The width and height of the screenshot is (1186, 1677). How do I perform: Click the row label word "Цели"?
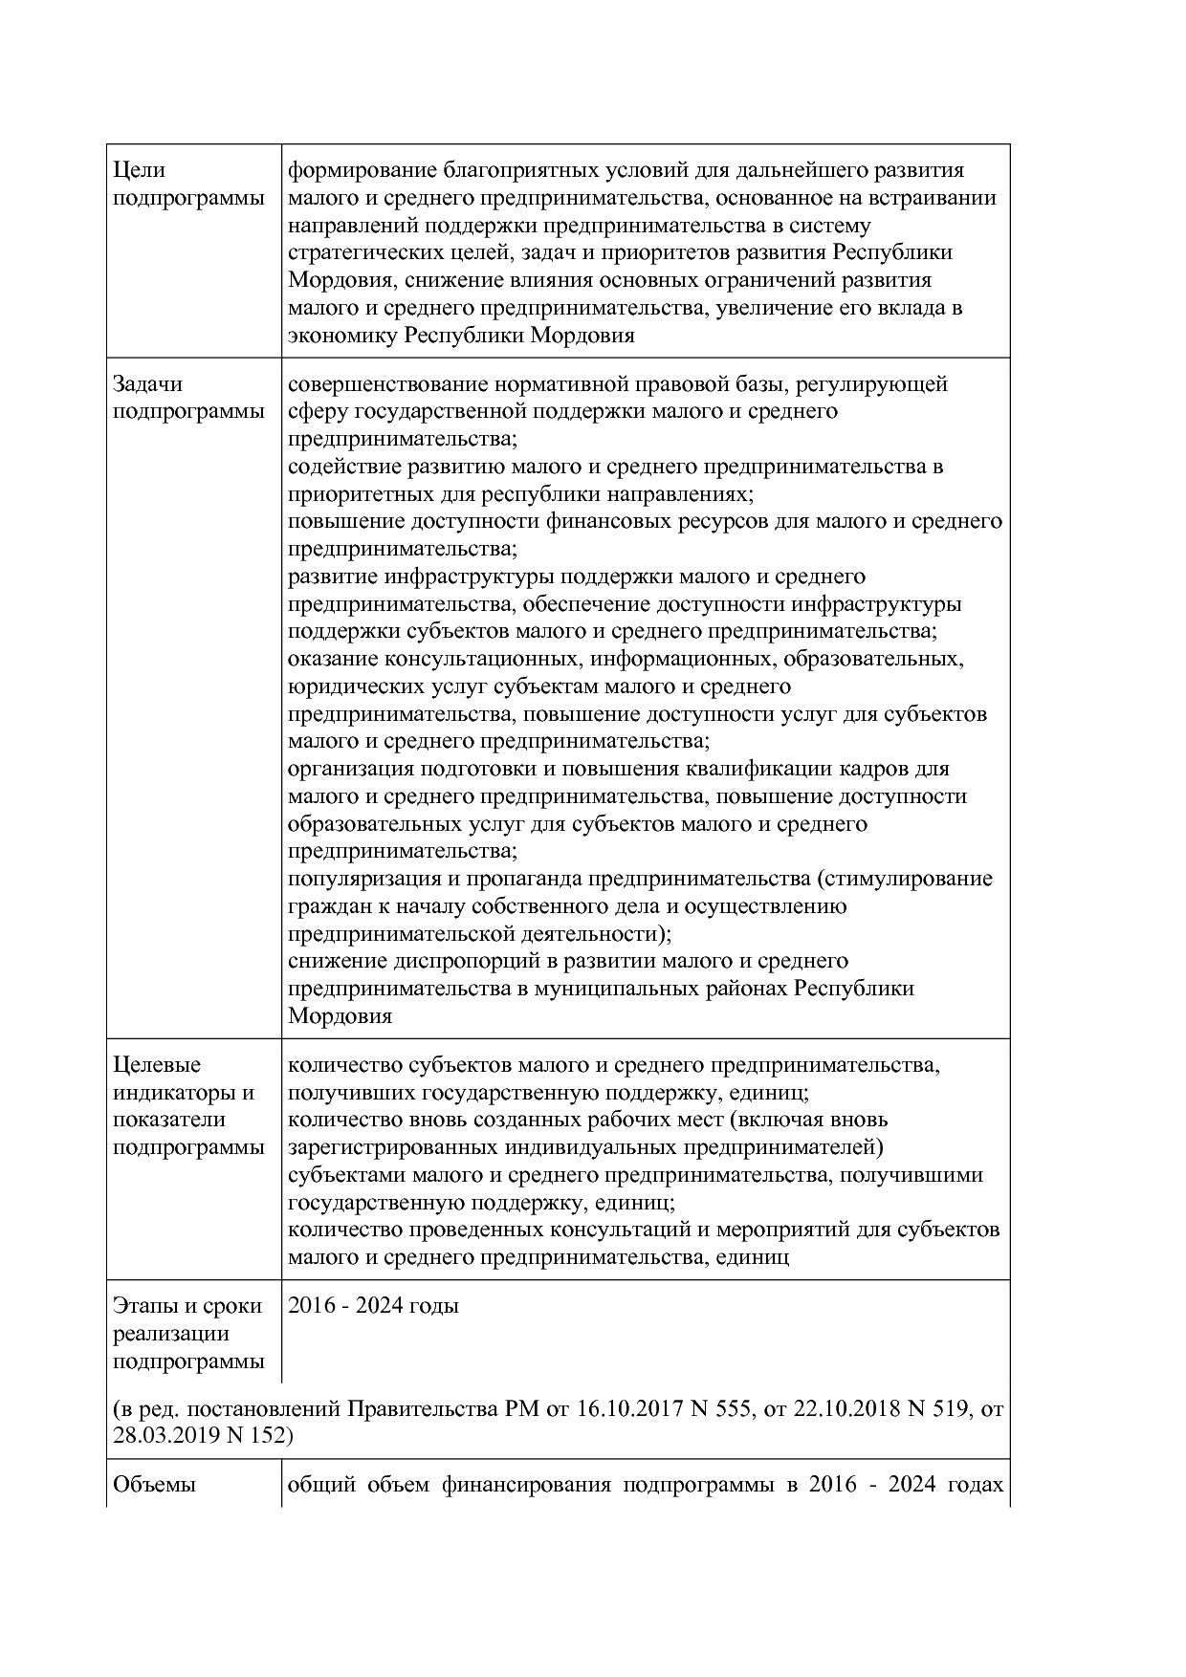[x=139, y=171]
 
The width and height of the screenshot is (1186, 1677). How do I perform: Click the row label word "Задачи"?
[x=147, y=384]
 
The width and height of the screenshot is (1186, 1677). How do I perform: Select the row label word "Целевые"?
[x=157, y=1065]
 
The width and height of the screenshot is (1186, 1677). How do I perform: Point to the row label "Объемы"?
[x=154, y=1485]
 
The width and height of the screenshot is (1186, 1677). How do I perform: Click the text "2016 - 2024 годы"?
[x=373, y=1306]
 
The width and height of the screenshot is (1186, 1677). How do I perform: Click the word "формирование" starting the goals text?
[x=362, y=171]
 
